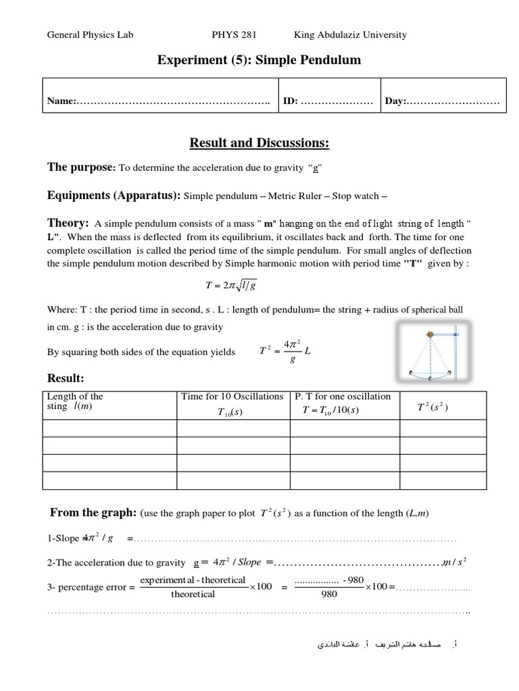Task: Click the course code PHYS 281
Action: pos(234,34)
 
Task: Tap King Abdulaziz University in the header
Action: pos(350,34)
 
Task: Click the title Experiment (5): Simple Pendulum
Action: pos(259,61)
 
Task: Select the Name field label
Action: pos(61,101)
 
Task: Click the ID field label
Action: pos(290,101)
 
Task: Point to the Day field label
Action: pos(395,101)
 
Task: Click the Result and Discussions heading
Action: pos(259,142)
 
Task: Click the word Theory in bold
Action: pos(68,223)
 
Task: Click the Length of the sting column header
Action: pos(74,401)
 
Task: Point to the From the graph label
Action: pos(93,513)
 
